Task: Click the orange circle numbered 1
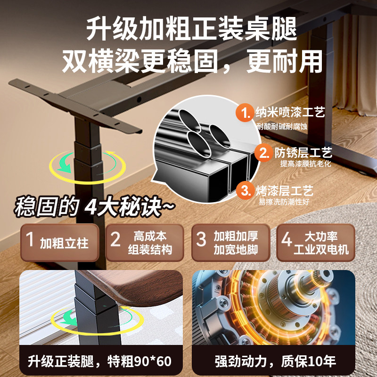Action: [x=245, y=112]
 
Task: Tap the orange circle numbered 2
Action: [x=264, y=152]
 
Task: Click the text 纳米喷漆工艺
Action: [x=290, y=112]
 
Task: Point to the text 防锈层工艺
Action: [x=303, y=152]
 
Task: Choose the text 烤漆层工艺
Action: [x=285, y=191]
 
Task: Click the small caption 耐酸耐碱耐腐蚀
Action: [x=282, y=126]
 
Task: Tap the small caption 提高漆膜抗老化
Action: [x=305, y=164]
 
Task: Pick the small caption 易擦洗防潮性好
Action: [x=284, y=202]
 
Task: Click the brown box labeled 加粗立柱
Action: [x=60, y=242]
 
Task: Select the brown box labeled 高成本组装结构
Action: [x=145, y=242]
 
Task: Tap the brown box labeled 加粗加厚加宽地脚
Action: [x=231, y=242]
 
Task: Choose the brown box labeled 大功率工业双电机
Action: [x=316, y=242]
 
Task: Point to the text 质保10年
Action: [x=309, y=361]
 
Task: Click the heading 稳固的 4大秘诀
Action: [x=94, y=206]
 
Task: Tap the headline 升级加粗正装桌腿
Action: [x=192, y=29]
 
